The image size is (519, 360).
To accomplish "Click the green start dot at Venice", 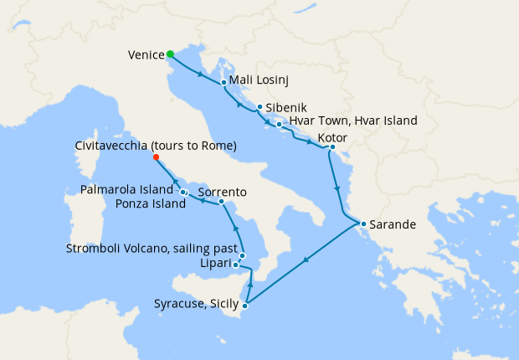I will [x=171, y=54].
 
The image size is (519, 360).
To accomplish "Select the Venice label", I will [x=146, y=55].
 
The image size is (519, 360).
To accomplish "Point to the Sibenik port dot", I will [x=260, y=107].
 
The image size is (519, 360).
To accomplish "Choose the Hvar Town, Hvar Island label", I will [x=352, y=121].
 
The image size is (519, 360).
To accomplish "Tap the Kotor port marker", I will [x=332, y=147].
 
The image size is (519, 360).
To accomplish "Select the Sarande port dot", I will [x=362, y=224].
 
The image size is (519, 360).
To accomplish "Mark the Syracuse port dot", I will [x=244, y=306].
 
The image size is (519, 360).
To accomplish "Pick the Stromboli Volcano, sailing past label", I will [x=152, y=249].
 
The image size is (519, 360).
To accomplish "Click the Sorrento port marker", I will [x=220, y=202].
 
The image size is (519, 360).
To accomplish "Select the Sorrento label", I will [x=222, y=192].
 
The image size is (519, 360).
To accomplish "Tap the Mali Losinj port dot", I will [x=224, y=83].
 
